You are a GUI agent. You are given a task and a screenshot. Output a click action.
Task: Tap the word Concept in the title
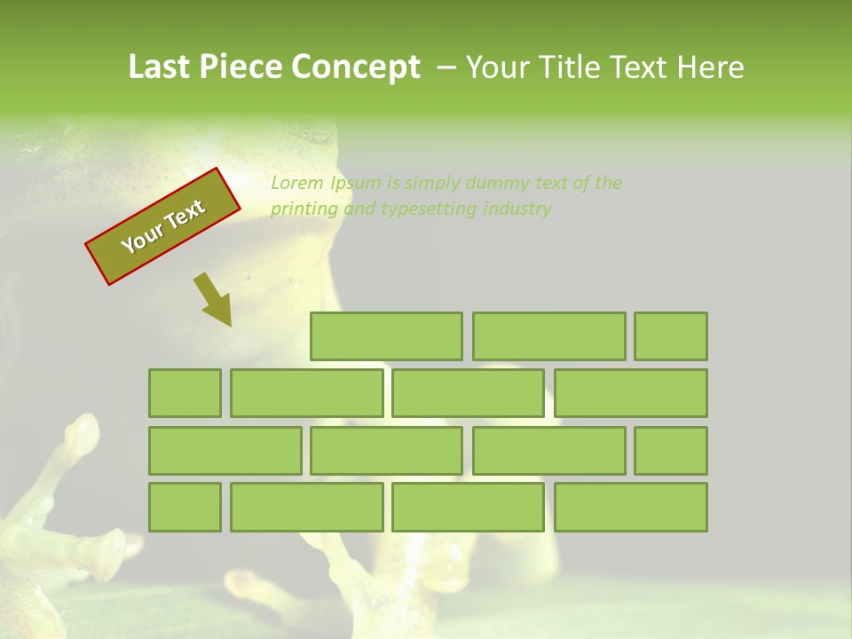point(356,67)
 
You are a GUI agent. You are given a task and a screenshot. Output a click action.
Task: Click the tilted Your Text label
point(163,226)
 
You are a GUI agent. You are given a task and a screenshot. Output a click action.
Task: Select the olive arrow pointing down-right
point(212,298)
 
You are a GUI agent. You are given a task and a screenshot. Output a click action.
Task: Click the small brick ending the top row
point(670,336)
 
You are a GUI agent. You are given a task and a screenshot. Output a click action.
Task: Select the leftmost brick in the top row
point(386,336)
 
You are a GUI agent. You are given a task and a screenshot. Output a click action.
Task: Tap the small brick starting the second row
point(185,393)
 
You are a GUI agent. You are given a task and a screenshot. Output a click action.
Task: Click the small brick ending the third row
point(670,451)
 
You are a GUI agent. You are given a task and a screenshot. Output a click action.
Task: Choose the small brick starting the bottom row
point(185,507)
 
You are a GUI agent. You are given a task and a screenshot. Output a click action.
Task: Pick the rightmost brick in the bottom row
point(630,507)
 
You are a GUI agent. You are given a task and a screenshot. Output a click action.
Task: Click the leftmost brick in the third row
point(225,451)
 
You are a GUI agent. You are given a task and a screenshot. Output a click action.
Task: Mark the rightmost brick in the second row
point(630,393)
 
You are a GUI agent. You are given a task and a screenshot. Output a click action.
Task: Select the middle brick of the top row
point(548,336)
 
